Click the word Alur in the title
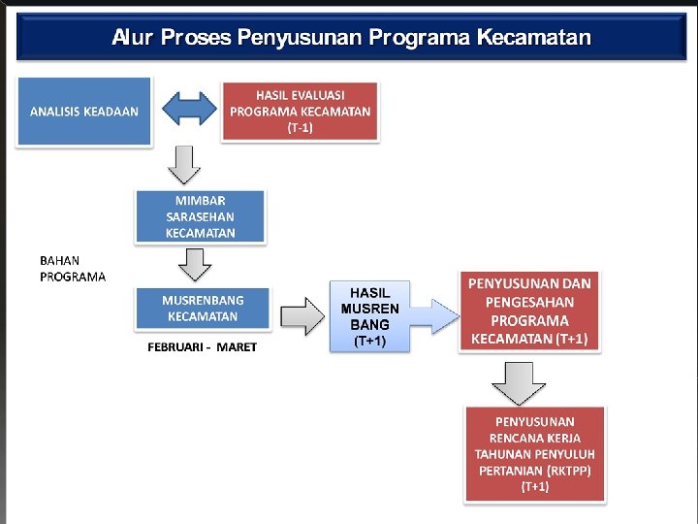(133, 37)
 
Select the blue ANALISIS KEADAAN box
(83, 112)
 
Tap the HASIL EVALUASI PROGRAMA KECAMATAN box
(301, 112)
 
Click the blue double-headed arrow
(188, 110)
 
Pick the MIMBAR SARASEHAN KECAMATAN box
(200, 216)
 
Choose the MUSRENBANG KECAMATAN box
(202, 309)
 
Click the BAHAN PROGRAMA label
(73, 269)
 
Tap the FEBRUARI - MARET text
(202, 347)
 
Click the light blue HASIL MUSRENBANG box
(369, 316)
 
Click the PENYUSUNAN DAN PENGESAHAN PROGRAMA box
(529, 311)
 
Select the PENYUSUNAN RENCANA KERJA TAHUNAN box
(534, 453)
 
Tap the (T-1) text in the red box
(300, 128)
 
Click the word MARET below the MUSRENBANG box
(237, 347)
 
